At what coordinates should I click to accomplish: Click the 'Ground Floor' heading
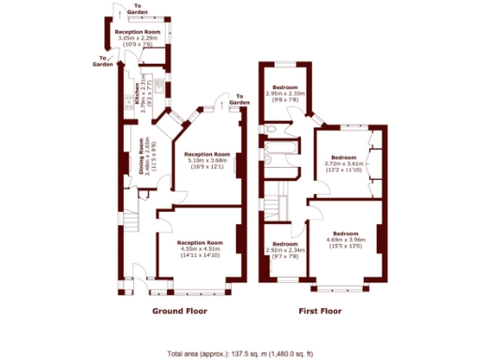[179, 310]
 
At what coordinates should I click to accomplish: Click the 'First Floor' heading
[321, 310]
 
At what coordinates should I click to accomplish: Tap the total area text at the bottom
[240, 352]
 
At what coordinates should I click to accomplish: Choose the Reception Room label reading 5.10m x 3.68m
[207, 160]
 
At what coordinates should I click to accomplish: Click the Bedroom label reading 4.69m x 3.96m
[345, 238]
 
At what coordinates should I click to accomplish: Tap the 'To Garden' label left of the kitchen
[103, 63]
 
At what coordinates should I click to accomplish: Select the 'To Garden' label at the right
[239, 98]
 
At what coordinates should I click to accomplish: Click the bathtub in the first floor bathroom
[278, 155]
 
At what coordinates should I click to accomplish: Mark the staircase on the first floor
[275, 202]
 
